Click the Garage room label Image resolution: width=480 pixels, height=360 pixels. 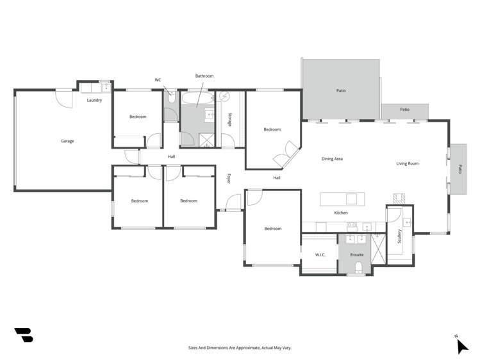67,141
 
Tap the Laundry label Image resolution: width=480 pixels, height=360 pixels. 94,101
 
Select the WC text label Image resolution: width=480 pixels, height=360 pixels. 158,80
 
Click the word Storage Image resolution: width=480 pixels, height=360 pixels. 230,120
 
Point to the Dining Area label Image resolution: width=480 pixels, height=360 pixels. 332,159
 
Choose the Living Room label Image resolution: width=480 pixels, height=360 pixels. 407,163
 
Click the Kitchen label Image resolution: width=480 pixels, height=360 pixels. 341,213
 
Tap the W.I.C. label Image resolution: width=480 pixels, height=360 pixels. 321,255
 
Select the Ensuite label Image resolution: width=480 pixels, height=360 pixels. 356,255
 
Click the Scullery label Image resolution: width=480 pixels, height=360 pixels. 400,237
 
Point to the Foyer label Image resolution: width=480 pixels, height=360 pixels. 229,179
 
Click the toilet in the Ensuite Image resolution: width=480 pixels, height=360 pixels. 360,268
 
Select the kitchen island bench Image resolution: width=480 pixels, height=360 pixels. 342,199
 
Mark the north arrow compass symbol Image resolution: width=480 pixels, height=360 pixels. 461,345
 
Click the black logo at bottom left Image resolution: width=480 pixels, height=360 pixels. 23,335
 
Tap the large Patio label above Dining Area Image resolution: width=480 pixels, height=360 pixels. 341,91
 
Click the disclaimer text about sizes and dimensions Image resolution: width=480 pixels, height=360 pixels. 240,347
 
